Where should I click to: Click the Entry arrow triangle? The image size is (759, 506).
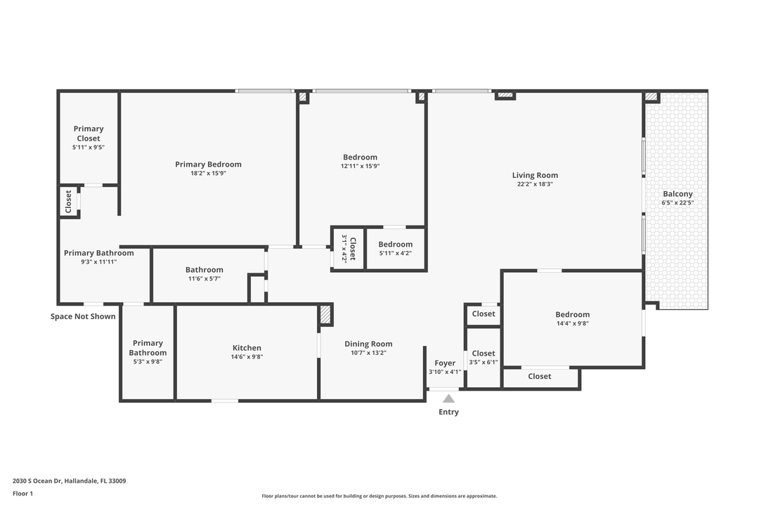coord(448,398)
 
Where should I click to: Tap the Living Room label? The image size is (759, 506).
coord(535,175)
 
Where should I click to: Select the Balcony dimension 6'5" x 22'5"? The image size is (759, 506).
coord(677,203)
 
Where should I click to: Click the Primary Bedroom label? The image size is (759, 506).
coord(208,164)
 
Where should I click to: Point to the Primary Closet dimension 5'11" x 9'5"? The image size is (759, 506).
coord(89,148)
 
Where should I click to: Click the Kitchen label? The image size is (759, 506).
coord(247,348)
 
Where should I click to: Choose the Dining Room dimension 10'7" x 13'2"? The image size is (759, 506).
coord(368,353)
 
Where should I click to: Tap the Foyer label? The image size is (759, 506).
coord(445,363)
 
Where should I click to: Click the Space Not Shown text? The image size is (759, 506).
coord(83,316)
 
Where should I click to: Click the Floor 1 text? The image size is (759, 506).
coord(22,493)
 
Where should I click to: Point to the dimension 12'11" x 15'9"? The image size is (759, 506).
coord(360,166)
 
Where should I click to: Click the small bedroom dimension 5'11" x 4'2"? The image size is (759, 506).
coord(396,253)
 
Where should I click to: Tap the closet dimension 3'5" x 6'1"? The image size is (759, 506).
coord(484,363)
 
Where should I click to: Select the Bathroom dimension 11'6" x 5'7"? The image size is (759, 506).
coord(205,278)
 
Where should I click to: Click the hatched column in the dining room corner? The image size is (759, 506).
coord(325,314)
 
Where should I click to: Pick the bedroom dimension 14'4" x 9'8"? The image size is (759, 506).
coord(573,323)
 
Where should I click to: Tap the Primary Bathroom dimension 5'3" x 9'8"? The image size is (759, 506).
coord(148,361)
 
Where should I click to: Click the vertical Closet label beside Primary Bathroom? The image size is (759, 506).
coord(68,202)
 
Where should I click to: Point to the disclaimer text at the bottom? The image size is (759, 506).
coord(379,496)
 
